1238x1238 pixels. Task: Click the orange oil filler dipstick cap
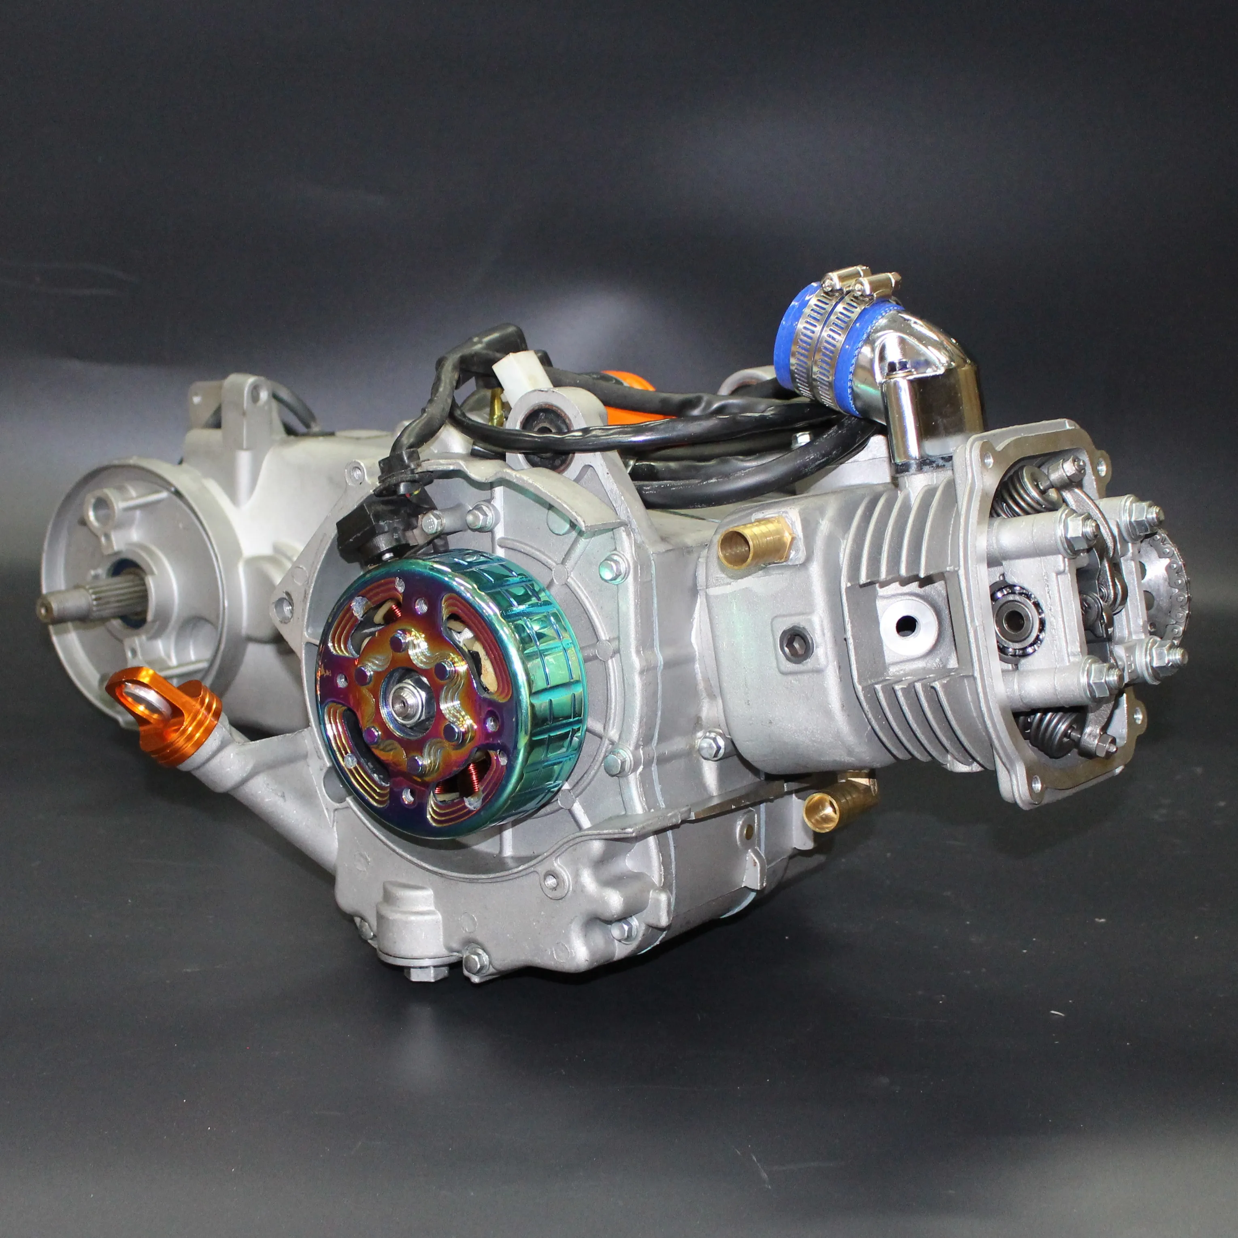coord(168,715)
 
